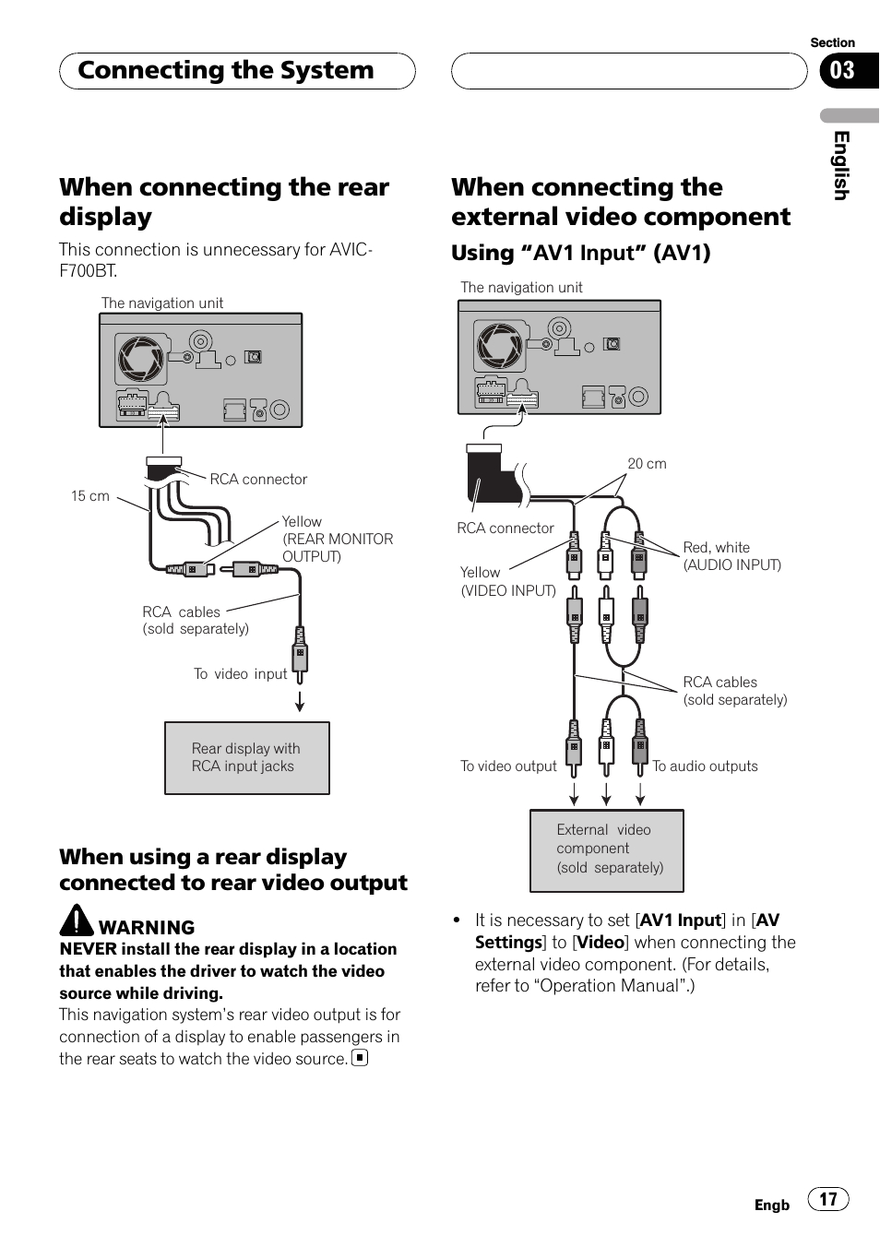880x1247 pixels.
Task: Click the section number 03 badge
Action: tap(844, 71)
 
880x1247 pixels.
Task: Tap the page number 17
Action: tap(827, 1199)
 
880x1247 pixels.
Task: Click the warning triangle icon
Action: tap(77, 920)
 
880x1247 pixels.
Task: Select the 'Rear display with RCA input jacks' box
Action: tap(246, 757)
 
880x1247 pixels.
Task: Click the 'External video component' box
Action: tap(607, 849)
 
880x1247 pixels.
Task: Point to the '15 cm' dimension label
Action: tap(90, 496)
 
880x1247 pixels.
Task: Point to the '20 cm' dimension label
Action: tap(647, 464)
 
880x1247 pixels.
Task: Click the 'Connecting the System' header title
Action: tap(226, 71)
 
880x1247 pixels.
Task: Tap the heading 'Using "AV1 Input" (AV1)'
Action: tap(580, 253)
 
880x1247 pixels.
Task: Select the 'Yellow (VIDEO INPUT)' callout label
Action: tap(507, 582)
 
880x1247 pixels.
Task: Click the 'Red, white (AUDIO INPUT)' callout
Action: tap(731, 556)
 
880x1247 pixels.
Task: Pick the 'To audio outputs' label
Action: tap(705, 766)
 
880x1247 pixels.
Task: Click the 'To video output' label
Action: tap(508, 766)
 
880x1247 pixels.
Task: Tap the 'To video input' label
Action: tap(240, 674)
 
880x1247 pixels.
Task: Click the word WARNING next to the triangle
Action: tap(147, 928)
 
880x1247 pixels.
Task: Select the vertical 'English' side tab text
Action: tap(840, 165)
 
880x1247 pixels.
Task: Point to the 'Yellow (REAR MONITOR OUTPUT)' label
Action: tap(337, 539)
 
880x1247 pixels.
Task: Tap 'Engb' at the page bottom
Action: tap(771, 1205)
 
